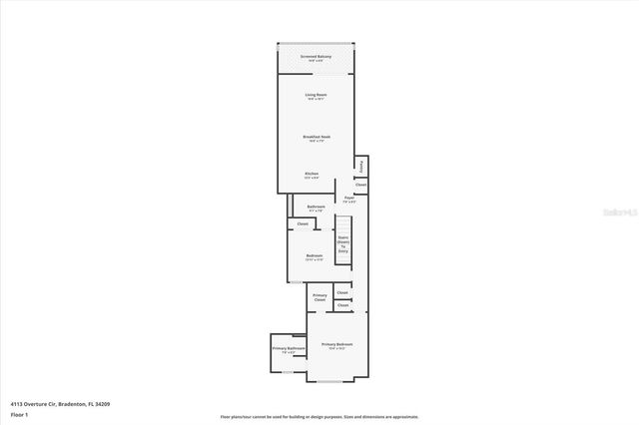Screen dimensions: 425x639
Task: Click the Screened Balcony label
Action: (x=316, y=58)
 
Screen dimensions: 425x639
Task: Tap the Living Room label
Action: (x=316, y=96)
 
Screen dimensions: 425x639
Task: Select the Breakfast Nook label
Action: (x=317, y=138)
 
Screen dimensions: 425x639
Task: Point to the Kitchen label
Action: (x=312, y=174)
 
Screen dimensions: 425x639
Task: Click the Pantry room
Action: (x=361, y=167)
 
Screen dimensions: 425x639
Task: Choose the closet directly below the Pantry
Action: (x=360, y=185)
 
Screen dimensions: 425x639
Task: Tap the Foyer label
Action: (x=349, y=200)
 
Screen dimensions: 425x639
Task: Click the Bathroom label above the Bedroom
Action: (x=316, y=208)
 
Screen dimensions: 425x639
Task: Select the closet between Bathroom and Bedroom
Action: (x=303, y=223)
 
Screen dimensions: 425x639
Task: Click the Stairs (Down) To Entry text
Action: (x=342, y=244)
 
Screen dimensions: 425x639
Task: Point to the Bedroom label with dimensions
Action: (x=314, y=257)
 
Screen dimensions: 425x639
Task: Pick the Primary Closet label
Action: (x=319, y=296)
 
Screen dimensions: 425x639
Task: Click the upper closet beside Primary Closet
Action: (x=342, y=292)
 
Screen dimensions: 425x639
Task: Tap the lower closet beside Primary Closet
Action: (x=342, y=305)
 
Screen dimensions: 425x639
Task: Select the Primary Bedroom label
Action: (x=336, y=345)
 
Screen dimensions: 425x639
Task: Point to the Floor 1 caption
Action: (x=19, y=414)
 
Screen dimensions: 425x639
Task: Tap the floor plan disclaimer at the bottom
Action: (x=319, y=417)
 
